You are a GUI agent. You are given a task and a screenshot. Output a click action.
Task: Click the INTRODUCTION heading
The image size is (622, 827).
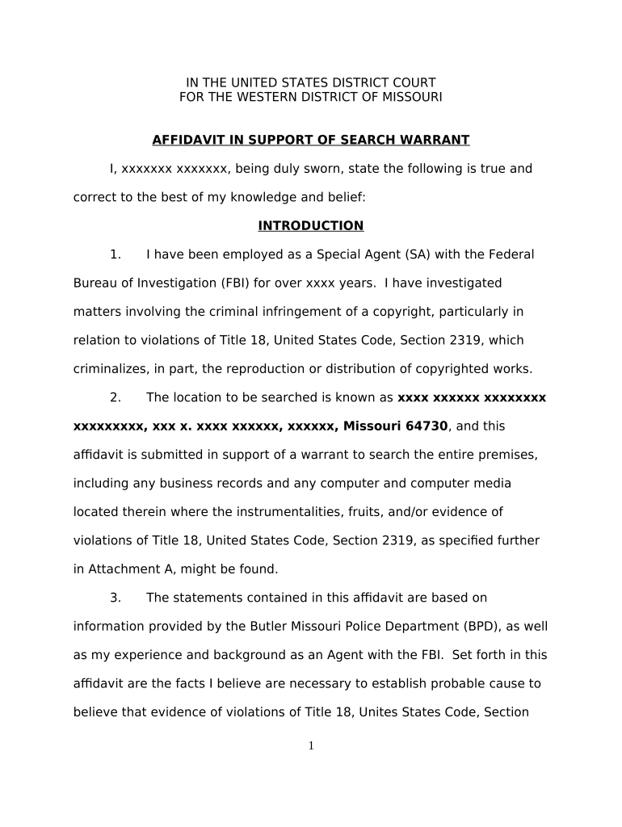[310, 226]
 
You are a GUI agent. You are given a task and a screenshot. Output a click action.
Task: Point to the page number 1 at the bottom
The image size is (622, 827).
[311, 746]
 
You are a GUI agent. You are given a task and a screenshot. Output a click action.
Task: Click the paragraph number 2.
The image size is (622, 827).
[116, 397]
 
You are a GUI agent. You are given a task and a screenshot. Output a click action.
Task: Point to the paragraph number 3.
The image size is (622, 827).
[116, 598]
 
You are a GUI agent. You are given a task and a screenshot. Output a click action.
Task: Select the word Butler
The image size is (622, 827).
[229, 627]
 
